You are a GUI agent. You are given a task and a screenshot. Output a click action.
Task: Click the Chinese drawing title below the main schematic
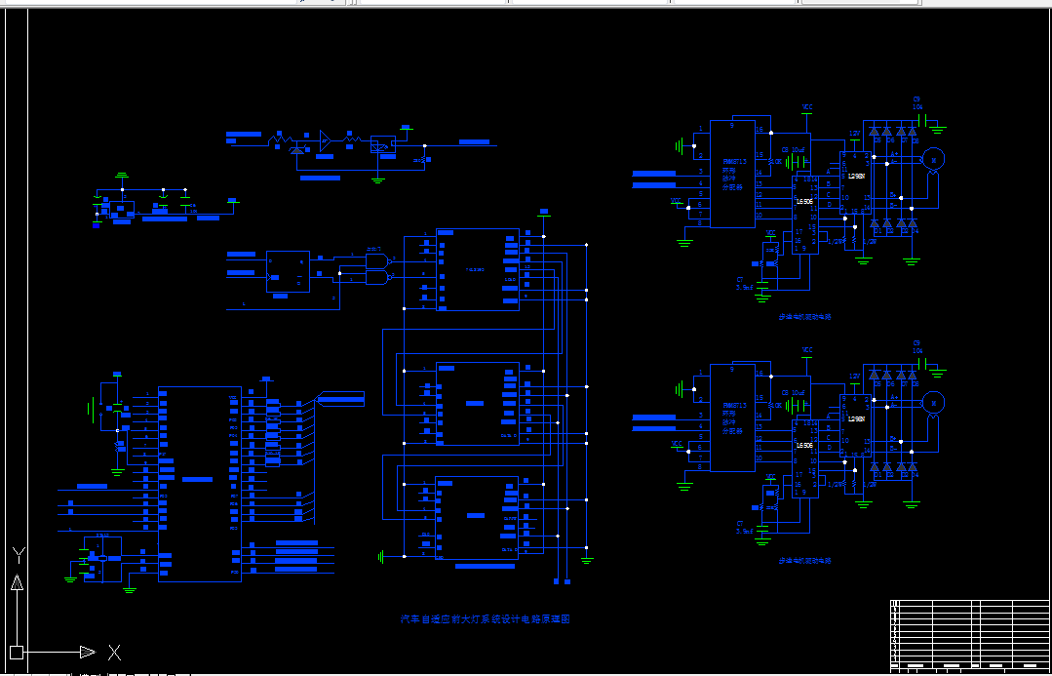[x=485, y=619]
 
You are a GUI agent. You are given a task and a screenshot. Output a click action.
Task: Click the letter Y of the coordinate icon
[x=18, y=555]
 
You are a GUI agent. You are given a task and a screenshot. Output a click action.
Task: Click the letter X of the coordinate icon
[x=114, y=652]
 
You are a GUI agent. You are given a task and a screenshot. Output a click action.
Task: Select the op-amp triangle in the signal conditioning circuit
[x=326, y=141]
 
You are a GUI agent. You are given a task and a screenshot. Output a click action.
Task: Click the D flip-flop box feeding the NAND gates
[x=288, y=271]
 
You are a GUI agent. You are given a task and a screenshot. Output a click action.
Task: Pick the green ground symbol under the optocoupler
[x=378, y=178]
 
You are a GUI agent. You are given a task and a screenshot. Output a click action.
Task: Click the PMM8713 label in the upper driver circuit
[x=734, y=162]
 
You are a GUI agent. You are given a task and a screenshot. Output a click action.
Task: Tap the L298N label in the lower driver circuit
[x=857, y=419]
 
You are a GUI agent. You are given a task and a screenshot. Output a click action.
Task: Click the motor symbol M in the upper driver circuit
[x=933, y=158]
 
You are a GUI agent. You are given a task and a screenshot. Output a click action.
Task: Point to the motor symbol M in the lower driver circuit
[x=933, y=401]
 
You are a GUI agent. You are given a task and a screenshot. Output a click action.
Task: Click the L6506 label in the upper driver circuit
[x=804, y=201]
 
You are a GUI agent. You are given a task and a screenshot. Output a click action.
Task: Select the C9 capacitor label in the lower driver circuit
[x=916, y=342]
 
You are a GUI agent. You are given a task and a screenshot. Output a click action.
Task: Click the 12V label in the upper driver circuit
[x=854, y=133]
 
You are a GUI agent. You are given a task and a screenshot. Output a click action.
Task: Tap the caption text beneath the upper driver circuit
[x=804, y=317]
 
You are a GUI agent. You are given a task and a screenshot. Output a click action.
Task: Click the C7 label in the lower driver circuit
[x=740, y=524]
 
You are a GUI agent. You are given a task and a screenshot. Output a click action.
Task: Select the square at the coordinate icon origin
[x=16, y=652]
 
